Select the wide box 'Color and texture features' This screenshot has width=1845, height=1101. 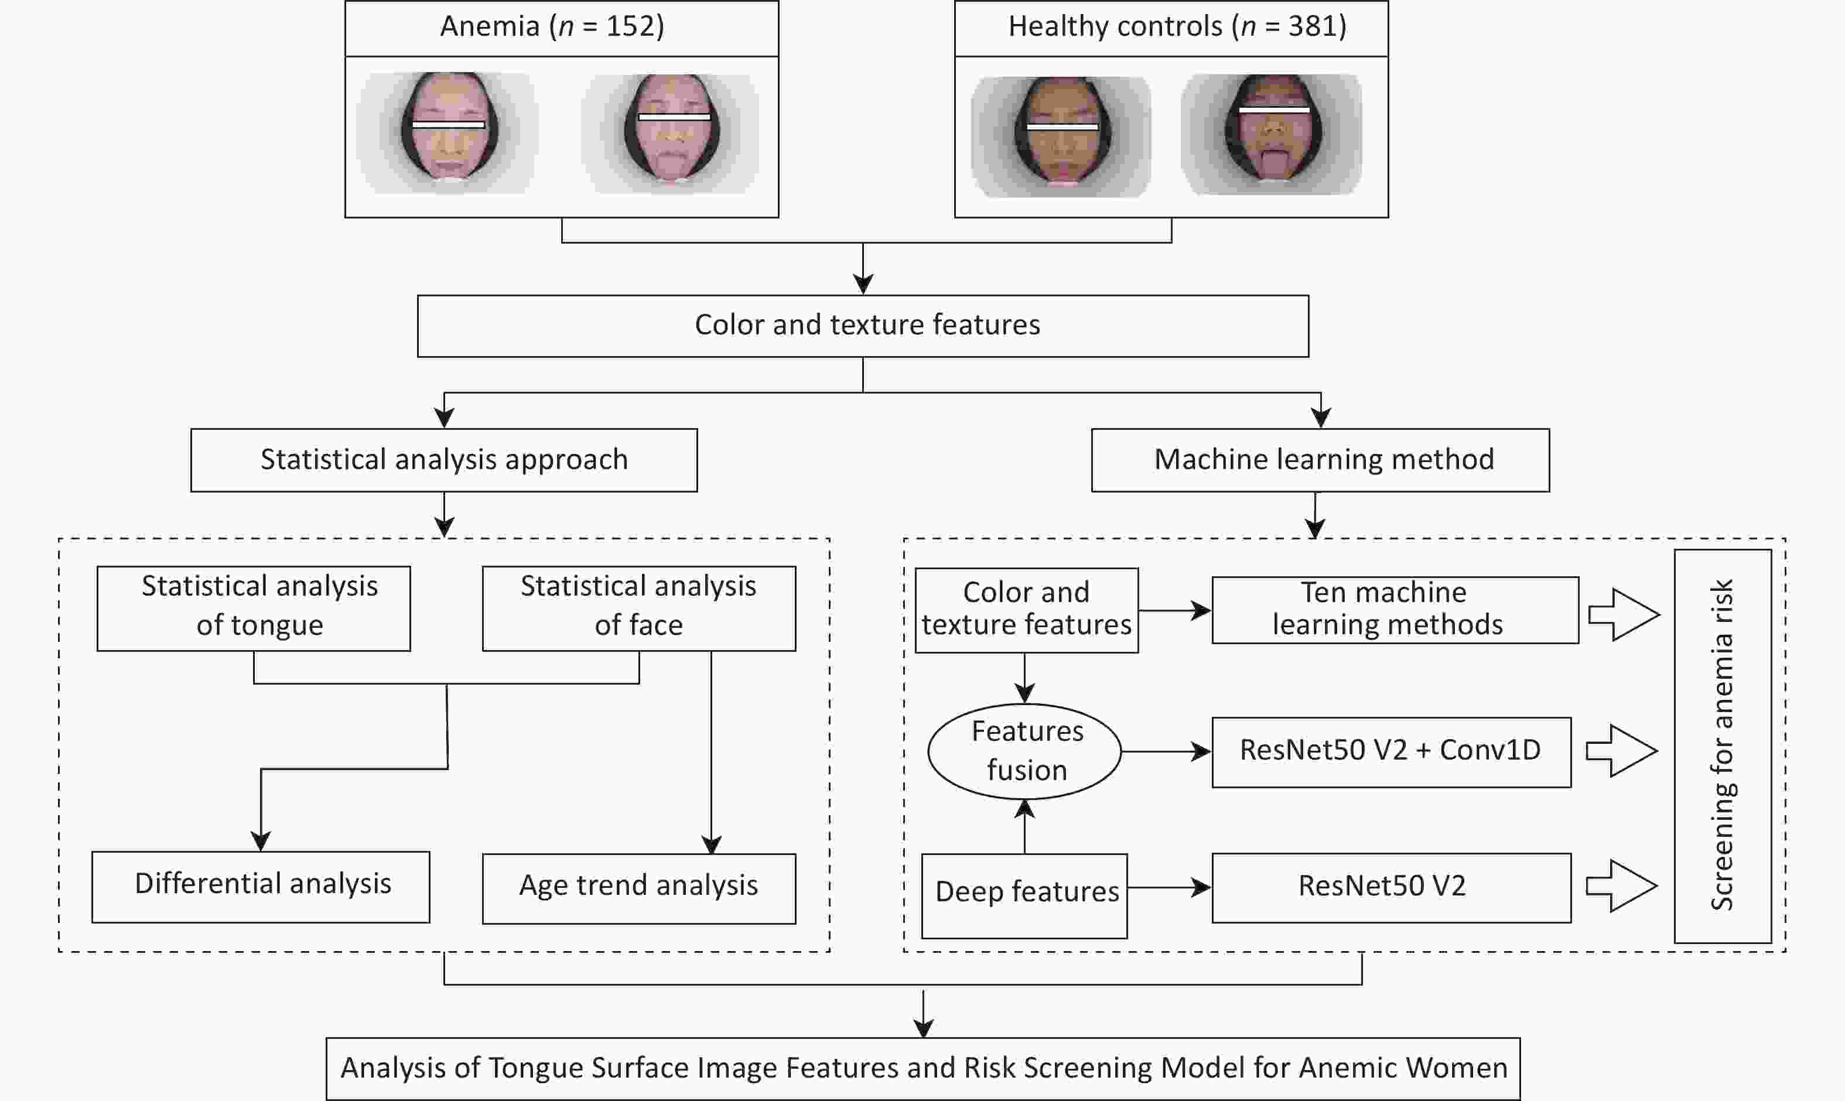(x=863, y=326)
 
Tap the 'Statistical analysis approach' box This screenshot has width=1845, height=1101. (x=443, y=460)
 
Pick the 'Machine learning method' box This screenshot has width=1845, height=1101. (x=1321, y=460)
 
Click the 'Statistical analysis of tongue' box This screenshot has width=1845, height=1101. (x=254, y=608)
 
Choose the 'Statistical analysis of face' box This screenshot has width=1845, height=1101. (x=639, y=608)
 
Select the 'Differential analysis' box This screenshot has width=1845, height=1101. (x=261, y=887)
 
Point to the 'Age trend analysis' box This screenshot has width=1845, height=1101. (x=639, y=888)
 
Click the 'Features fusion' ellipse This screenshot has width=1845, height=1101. (x=1024, y=751)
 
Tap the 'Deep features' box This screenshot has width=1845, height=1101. (x=1024, y=896)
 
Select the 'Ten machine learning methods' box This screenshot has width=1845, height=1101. (x=1395, y=610)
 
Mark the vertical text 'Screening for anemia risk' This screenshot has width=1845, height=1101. (x=1722, y=745)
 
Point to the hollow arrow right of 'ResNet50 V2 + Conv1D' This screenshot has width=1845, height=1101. (x=1622, y=751)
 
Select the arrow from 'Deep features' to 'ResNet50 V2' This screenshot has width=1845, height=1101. (x=1170, y=887)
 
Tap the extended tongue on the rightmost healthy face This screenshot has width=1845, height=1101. (x=1274, y=163)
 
